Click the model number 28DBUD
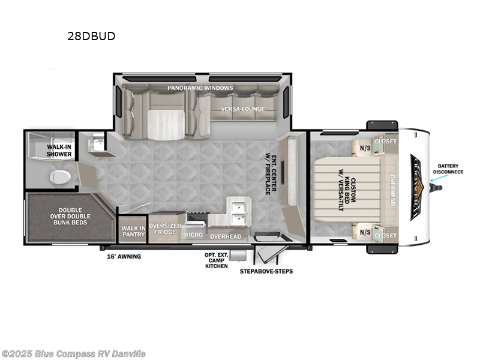[91, 36]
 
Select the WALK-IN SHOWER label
[60, 150]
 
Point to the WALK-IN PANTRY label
[133, 232]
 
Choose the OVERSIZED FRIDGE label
[164, 229]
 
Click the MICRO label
[193, 235]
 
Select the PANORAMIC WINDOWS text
[200, 88]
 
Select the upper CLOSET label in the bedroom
[385, 142]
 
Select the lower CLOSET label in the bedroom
[385, 236]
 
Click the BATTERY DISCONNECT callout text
[451, 169]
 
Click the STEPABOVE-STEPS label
[266, 271]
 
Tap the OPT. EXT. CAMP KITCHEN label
[216, 260]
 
